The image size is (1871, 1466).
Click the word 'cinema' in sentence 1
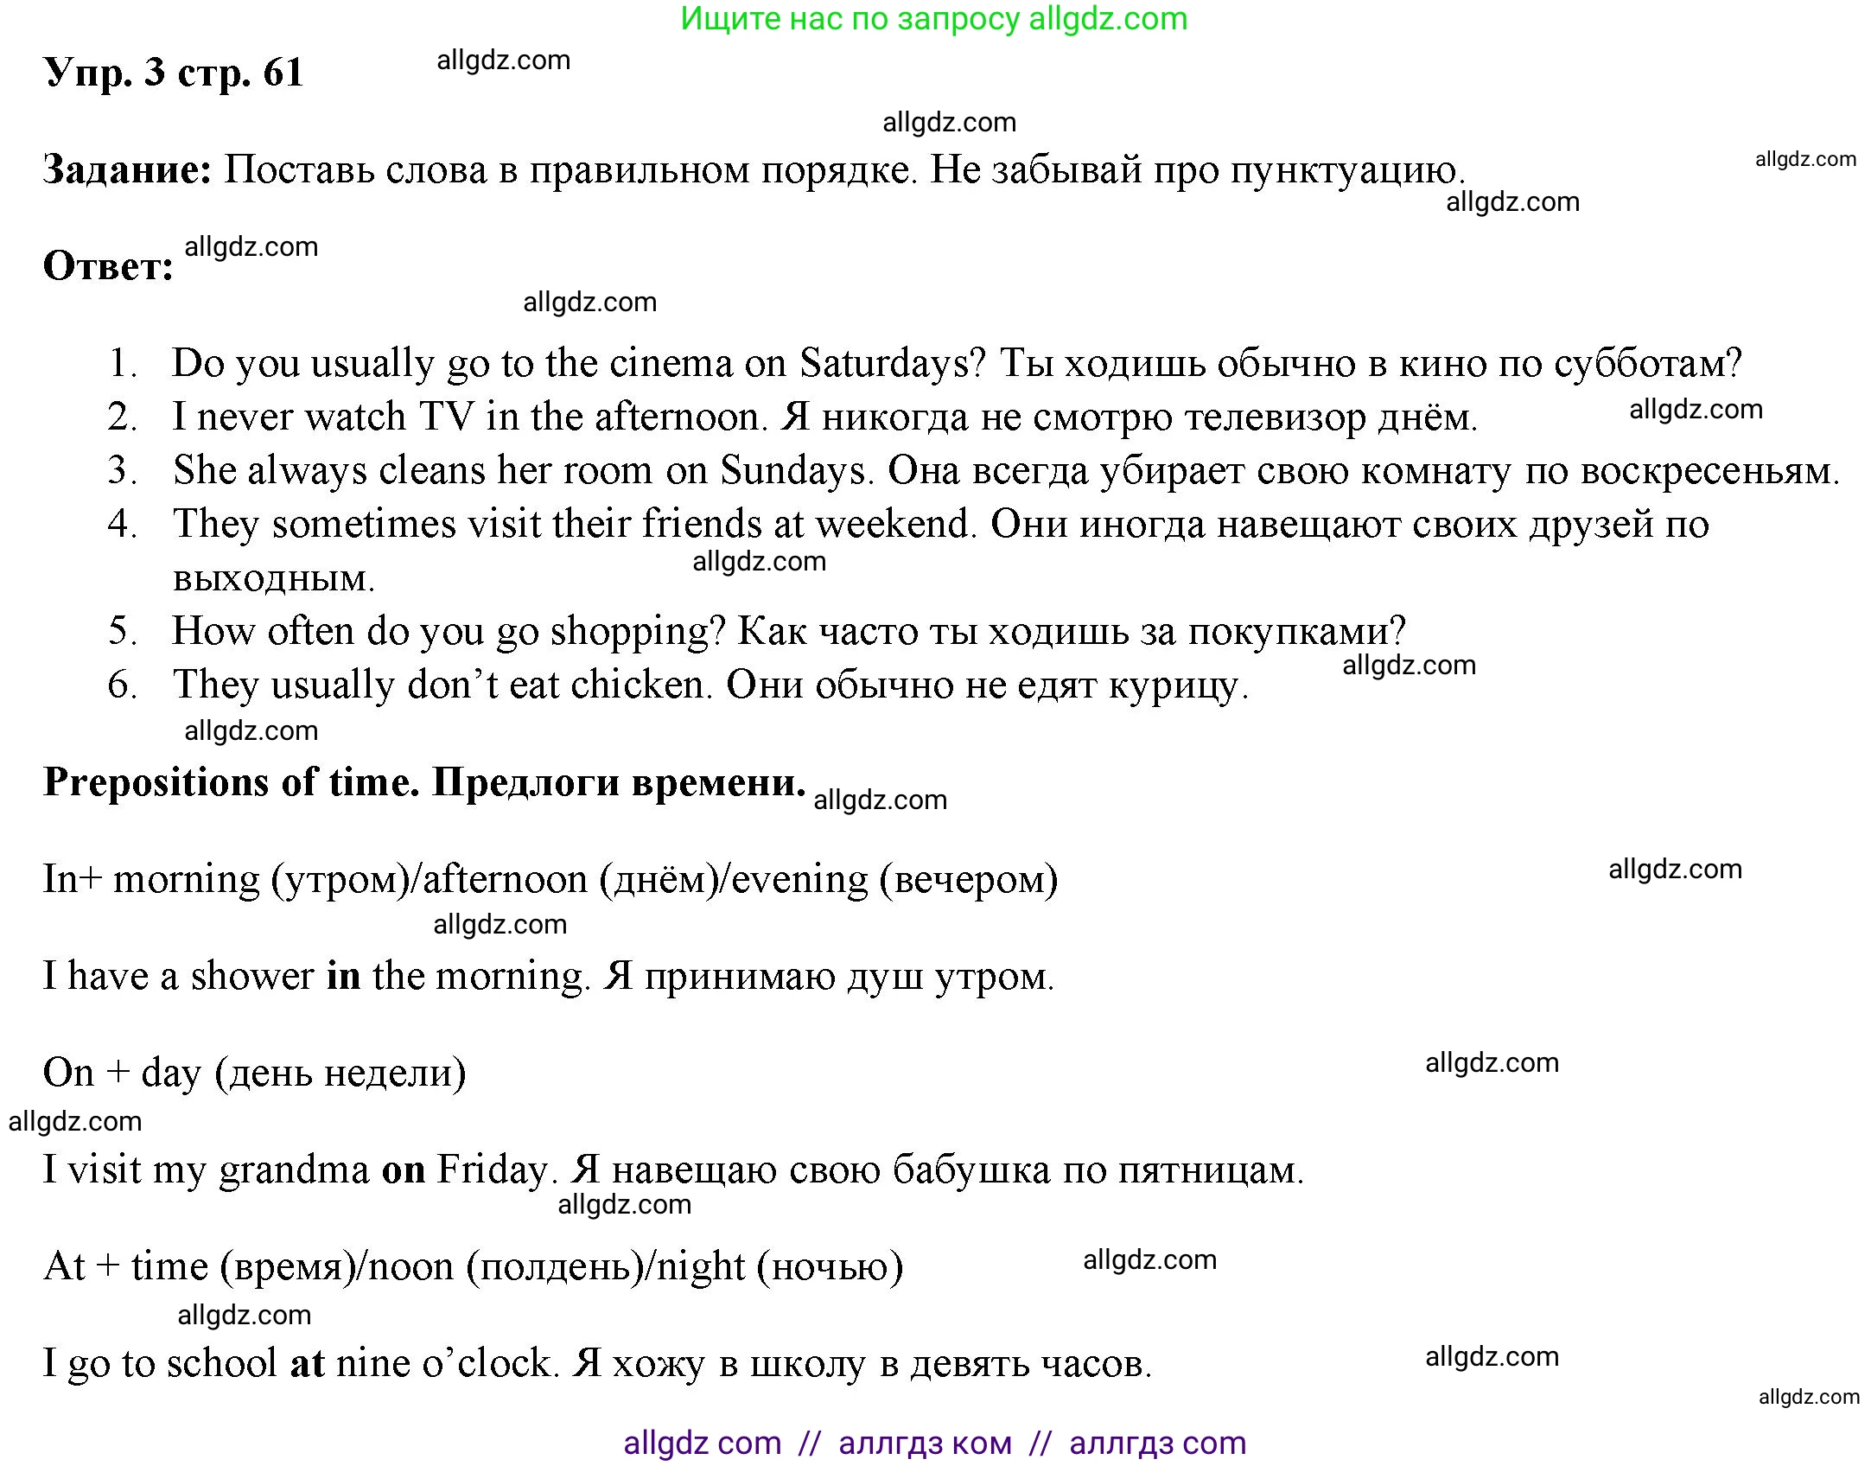pyautogui.click(x=671, y=363)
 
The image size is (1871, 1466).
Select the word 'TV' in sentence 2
pyautogui.click(x=447, y=417)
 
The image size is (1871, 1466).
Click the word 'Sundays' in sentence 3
pyautogui.click(x=792, y=470)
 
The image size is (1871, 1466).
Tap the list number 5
pyautogui.click(x=122, y=631)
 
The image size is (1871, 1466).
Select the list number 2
pyautogui.click(x=122, y=417)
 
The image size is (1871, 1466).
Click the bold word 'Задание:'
pyautogui.click(x=127, y=169)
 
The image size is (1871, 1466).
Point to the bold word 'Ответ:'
pyautogui.click(x=108, y=266)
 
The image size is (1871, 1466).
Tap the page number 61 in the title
pyautogui.click(x=283, y=73)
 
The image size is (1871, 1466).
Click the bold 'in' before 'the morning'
pyautogui.click(x=343, y=976)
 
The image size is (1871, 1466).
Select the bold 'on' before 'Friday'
pyautogui.click(x=404, y=1170)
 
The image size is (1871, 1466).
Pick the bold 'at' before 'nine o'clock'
pyautogui.click(x=307, y=1363)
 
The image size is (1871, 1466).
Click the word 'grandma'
pyautogui.click(x=294, y=1170)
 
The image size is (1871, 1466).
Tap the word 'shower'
pyautogui.click(x=251, y=976)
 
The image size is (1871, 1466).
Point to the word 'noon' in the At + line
pyautogui.click(x=411, y=1267)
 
